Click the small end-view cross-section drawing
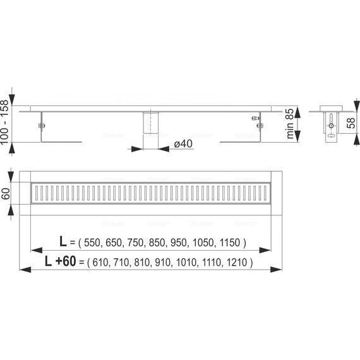pyautogui.click(x=330, y=123)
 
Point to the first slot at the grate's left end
pyautogui.click(x=38, y=195)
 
